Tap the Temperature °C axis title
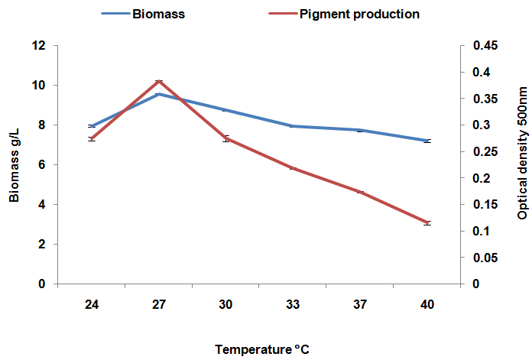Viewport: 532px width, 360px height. point(262,349)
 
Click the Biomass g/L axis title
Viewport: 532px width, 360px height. point(15,164)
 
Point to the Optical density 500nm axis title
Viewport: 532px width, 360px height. point(523,164)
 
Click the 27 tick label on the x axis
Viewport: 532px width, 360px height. point(158,305)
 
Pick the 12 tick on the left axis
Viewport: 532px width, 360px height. point(41,46)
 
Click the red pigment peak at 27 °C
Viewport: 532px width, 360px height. point(158,81)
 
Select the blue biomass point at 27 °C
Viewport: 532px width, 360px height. point(158,94)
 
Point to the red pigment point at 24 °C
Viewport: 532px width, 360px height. point(91,138)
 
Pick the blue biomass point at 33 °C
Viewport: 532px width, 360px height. point(293,126)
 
